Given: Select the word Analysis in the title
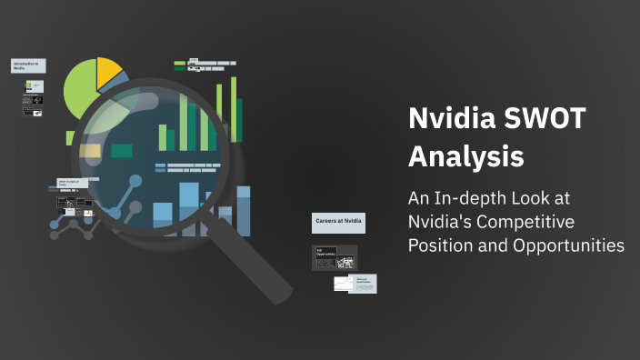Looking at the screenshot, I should (x=465, y=156).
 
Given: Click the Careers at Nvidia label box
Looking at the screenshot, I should (x=338, y=221).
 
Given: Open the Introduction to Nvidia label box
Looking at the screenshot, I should (x=28, y=66).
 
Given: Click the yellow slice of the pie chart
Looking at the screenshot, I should (x=106, y=70).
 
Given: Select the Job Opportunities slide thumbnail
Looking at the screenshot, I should (x=335, y=257).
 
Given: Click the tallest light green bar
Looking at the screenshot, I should (x=233, y=109).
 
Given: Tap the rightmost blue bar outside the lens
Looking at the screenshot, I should (x=244, y=211).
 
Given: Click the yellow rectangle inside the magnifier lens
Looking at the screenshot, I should (x=90, y=151).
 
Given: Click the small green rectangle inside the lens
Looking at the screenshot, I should (x=121, y=150).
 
